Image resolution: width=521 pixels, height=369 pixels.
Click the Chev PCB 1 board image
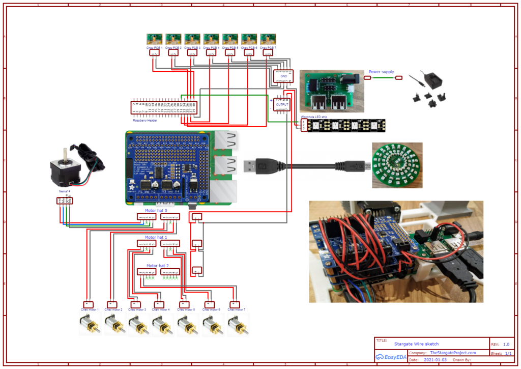click(155, 39)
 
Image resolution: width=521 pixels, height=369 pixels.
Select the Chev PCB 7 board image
click(268, 39)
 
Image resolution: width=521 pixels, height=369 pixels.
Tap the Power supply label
click(381, 72)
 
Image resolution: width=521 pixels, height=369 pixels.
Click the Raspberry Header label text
click(145, 121)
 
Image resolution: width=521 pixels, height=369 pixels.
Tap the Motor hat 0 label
click(156, 210)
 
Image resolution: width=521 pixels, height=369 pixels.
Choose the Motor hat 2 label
click(157, 266)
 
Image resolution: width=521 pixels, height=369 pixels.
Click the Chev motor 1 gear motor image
click(90, 324)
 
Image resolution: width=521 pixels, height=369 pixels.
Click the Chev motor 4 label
click(162, 309)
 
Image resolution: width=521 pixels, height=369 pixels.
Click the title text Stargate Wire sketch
click(416, 344)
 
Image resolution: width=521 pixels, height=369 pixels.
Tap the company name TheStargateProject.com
click(453, 353)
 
